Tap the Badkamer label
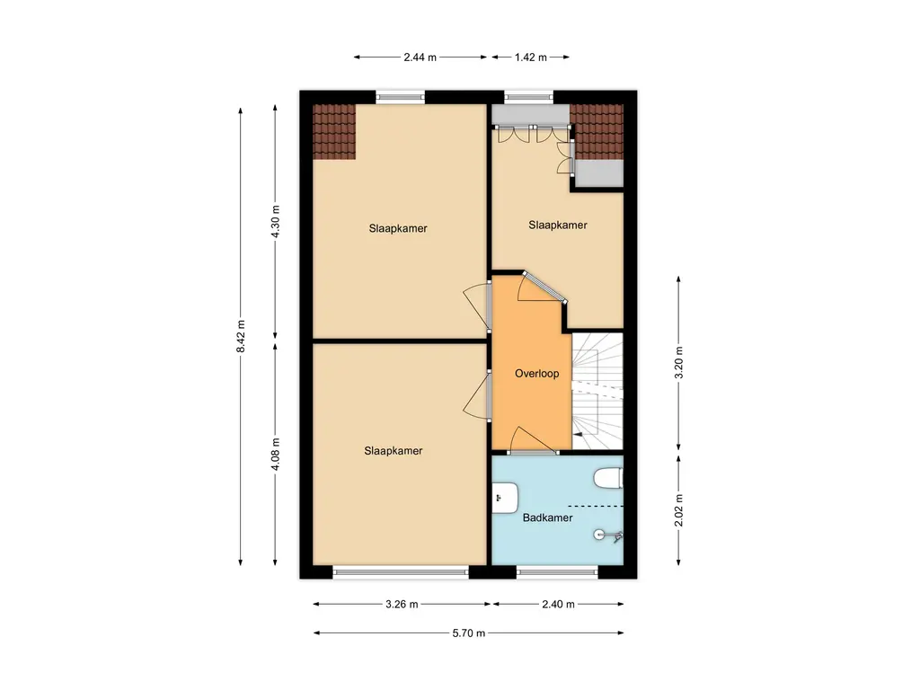coord(547,517)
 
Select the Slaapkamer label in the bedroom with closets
coord(557,226)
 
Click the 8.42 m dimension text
coord(241,337)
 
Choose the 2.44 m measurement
coord(420,57)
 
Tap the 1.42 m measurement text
coord(530,57)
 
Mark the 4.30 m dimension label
coord(276,221)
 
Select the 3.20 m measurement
coord(679,363)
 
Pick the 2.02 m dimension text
coord(679,510)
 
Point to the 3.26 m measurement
coord(400,604)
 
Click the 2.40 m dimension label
coord(557,604)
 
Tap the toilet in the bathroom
coord(610,478)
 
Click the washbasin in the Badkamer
coord(504,496)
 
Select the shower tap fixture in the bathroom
coord(608,536)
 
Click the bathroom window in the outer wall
coord(557,571)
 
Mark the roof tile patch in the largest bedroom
coord(334,131)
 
